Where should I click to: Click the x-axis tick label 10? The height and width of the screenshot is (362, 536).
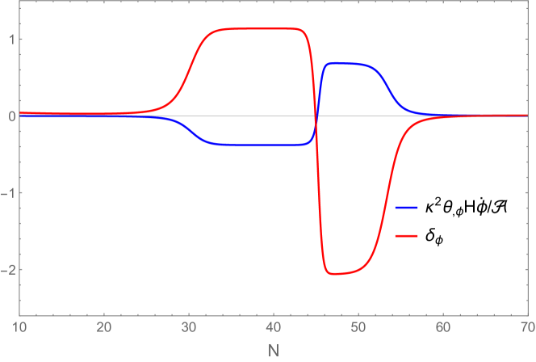(x=19, y=327)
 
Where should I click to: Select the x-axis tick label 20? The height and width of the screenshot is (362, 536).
(x=103, y=327)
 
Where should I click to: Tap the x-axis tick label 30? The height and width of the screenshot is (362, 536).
(x=188, y=327)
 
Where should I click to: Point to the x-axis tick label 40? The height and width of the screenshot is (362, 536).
(x=273, y=327)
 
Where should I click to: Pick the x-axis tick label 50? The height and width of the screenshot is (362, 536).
(x=358, y=327)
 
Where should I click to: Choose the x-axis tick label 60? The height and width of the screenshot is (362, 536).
(x=442, y=327)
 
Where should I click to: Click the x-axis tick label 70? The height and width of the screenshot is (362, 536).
(x=526, y=327)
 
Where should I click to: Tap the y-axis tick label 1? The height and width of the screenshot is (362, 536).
(x=6, y=40)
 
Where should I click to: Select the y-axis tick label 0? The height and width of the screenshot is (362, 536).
(x=6, y=116)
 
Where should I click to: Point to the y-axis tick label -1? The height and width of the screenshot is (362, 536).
(x=5, y=193)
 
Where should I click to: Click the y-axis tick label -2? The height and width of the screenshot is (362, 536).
(x=5, y=270)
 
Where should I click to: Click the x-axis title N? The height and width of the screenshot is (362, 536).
(x=273, y=350)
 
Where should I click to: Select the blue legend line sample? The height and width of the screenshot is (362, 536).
(x=406, y=208)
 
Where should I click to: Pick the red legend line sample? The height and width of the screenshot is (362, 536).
(x=406, y=236)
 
